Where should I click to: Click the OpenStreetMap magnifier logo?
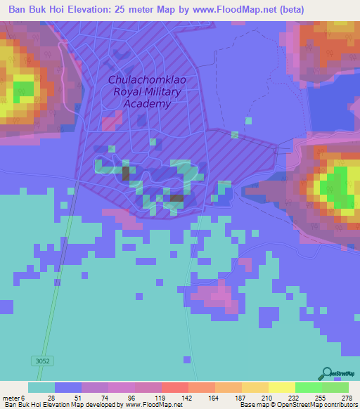point(327,374)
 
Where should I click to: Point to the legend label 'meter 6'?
point(15,397)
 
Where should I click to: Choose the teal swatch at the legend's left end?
point(41,387)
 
